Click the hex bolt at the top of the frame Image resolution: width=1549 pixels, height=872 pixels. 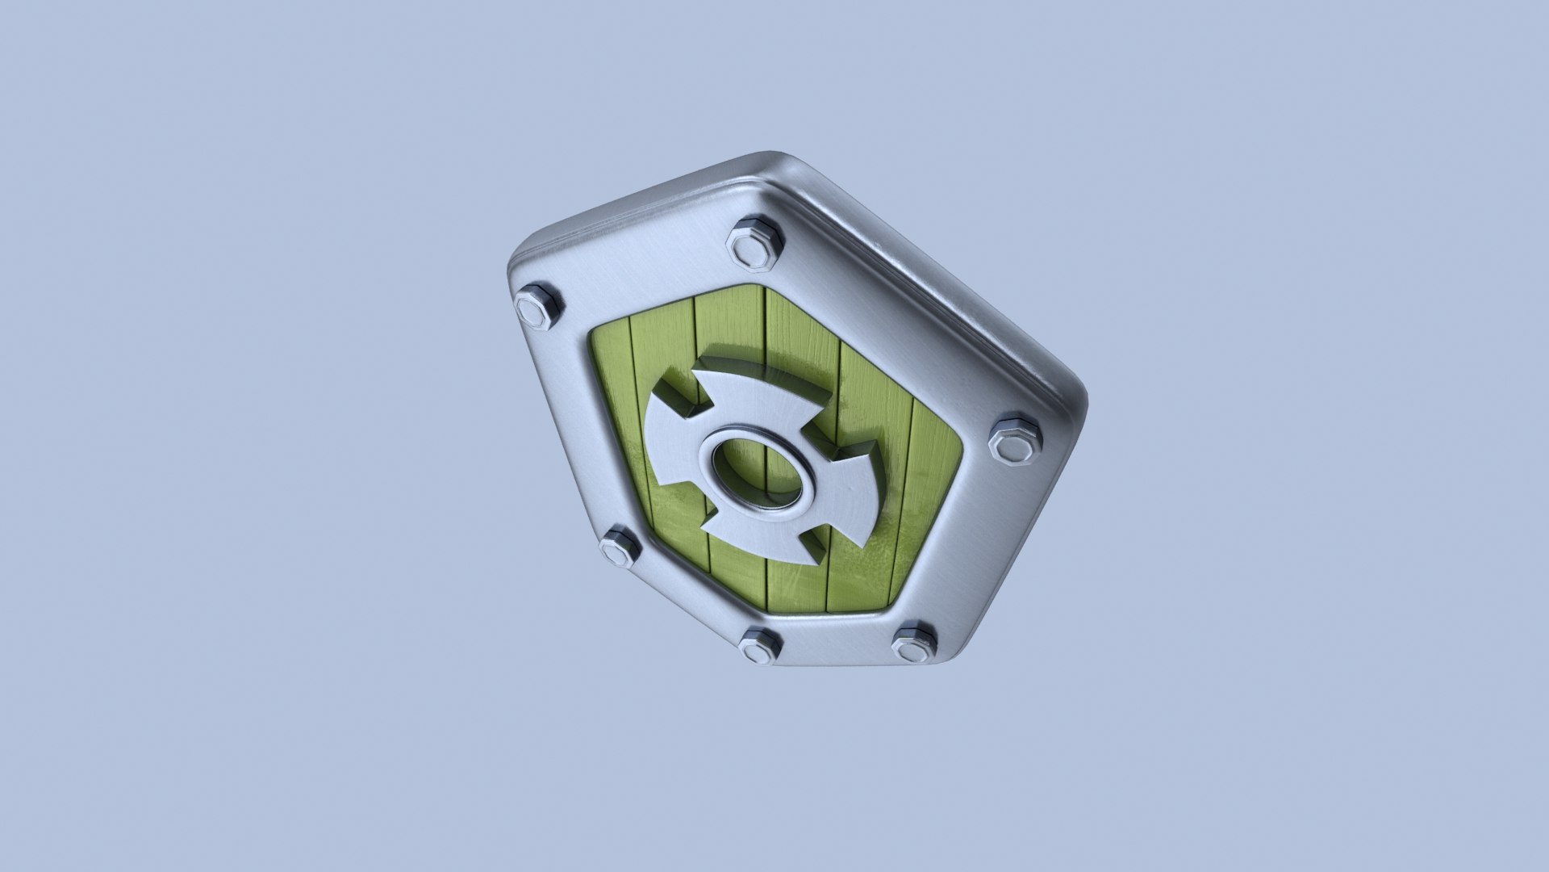tap(755, 242)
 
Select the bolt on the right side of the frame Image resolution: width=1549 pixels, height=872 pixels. tap(1015, 439)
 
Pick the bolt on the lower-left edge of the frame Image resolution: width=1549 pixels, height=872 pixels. tap(620, 547)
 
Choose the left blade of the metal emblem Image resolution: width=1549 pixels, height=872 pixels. tap(674, 452)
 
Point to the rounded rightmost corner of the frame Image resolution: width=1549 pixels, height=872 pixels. tap(1077, 404)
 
